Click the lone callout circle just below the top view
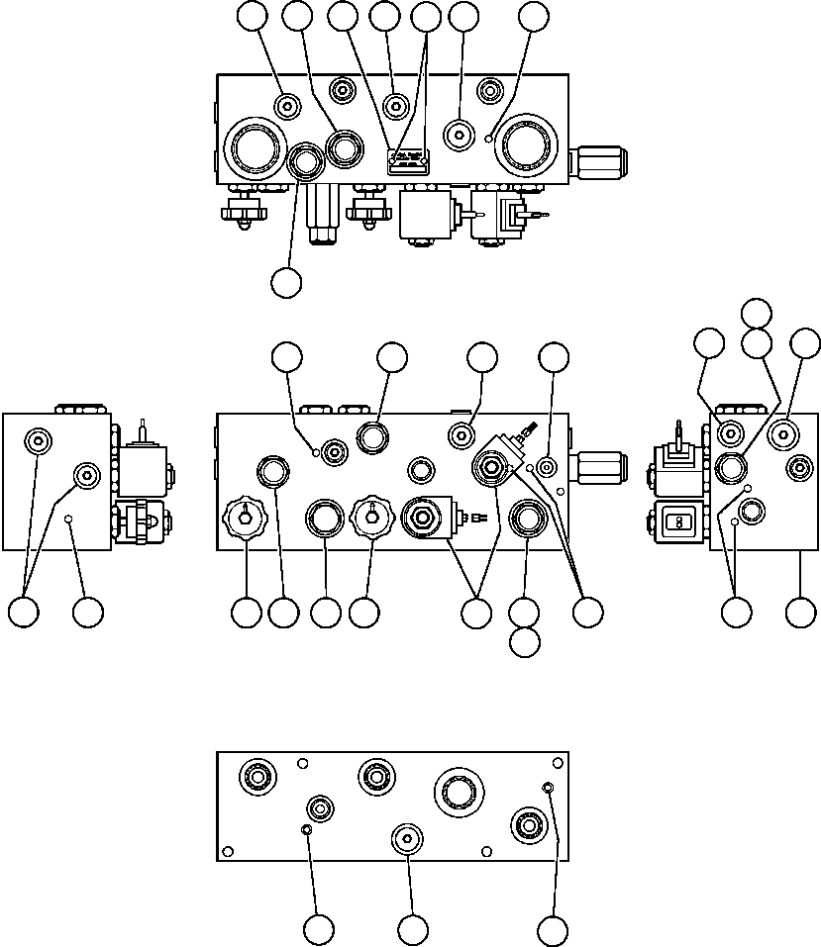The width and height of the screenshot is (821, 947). click(286, 281)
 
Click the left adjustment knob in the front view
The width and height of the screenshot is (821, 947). click(244, 517)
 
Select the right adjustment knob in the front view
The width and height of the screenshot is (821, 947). click(370, 517)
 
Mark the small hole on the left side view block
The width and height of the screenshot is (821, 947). click(67, 519)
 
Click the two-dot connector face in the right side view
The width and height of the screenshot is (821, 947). click(680, 519)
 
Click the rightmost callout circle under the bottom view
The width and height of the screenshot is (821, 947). click(553, 929)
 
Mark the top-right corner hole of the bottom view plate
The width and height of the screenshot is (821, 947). click(556, 763)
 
